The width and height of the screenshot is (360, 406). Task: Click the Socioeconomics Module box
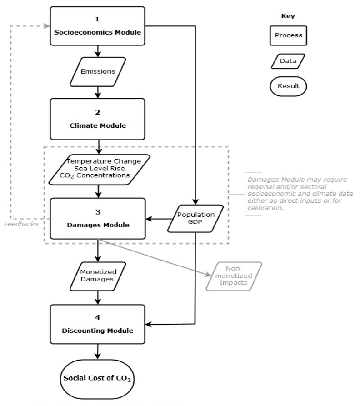[98, 26]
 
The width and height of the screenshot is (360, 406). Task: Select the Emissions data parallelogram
[98, 72]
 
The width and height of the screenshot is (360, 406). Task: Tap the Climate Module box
[98, 119]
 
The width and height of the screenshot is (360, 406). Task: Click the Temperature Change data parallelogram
[100, 170]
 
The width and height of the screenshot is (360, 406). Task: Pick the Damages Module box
[98, 219]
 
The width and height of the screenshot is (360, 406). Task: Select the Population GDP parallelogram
[195, 219]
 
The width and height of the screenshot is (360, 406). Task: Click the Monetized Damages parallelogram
[98, 276]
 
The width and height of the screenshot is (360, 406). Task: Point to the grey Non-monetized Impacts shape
[234, 276]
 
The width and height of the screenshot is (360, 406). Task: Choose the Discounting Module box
[98, 324]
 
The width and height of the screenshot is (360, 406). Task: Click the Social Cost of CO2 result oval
[97, 379]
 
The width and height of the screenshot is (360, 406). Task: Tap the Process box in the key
[288, 35]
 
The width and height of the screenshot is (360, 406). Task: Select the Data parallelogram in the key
[288, 61]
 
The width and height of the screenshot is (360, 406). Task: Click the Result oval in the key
[288, 86]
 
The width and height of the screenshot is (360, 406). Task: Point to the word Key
[288, 16]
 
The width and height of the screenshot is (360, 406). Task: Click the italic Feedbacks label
[21, 224]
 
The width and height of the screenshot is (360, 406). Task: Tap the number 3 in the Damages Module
[98, 212]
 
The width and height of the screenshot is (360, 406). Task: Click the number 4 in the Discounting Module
[98, 317]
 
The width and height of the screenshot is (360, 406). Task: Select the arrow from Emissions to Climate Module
[98, 92]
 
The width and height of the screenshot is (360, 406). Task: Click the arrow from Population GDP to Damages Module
[159, 219]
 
